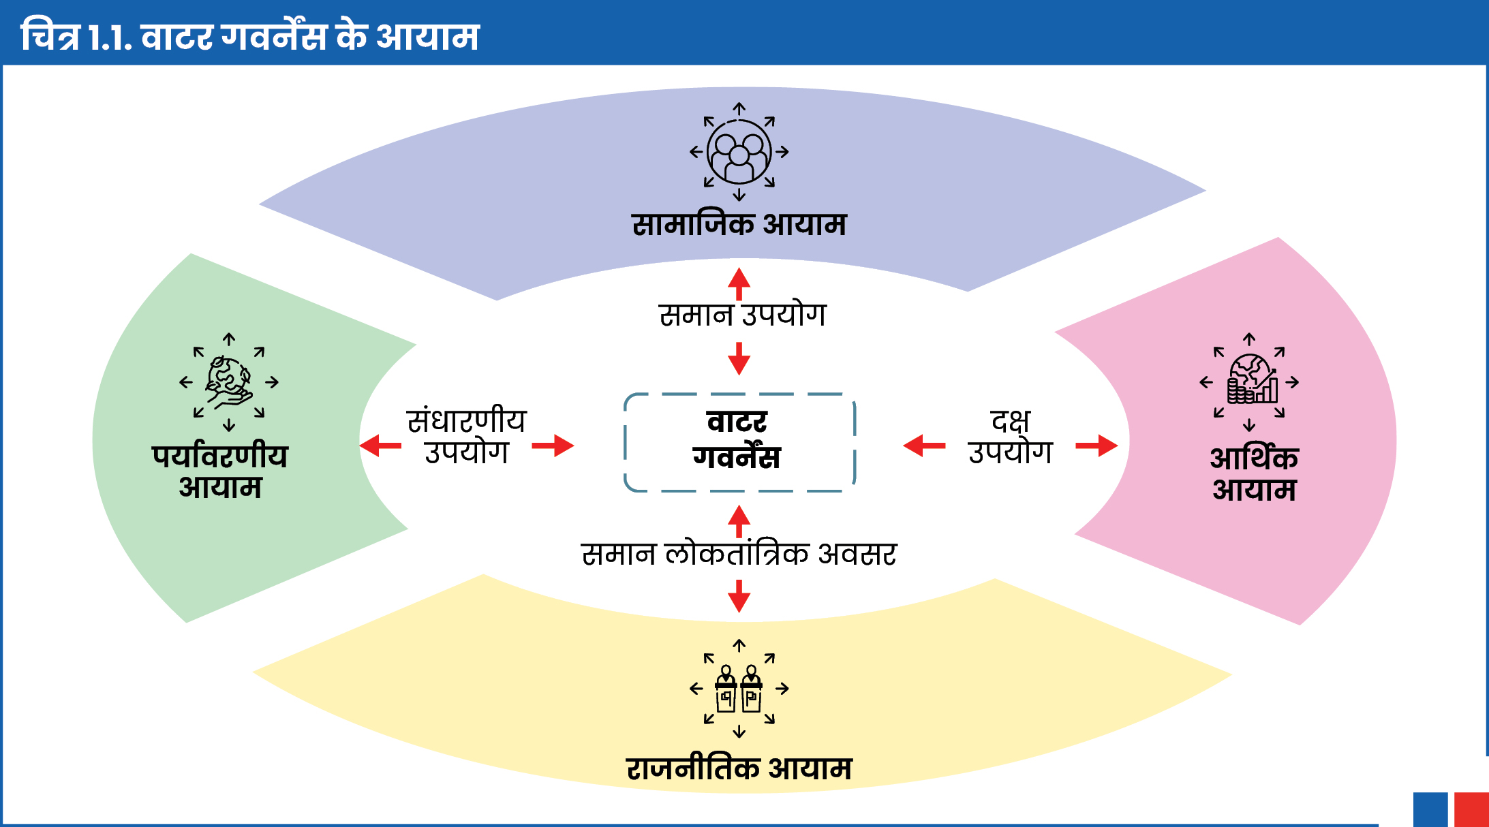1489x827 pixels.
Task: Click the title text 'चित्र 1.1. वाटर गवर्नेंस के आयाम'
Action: (x=250, y=35)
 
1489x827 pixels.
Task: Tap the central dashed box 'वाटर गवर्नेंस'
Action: (x=739, y=442)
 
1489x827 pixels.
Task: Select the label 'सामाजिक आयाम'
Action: (x=739, y=223)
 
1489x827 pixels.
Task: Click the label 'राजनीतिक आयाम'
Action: (x=739, y=768)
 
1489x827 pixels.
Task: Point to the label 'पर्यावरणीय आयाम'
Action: (x=220, y=471)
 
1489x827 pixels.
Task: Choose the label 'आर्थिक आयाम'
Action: (x=1254, y=474)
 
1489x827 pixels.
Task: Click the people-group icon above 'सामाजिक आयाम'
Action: (x=739, y=152)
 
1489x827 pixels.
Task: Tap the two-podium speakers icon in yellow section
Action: (x=739, y=689)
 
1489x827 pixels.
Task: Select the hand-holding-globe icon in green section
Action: (x=229, y=382)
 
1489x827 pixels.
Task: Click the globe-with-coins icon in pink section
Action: (x=1249, y=382)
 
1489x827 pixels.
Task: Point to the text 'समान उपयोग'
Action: (x=742, y=315)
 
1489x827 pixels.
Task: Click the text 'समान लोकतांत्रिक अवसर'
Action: (x=739, y=553)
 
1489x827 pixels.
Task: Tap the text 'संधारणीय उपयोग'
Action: (x=467, y=436)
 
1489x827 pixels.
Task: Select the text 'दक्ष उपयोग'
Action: (x=1011, y=436)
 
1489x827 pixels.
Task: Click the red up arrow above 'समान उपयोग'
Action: (x=739, y=284)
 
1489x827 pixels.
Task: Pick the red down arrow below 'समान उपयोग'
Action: (x=739, y=358)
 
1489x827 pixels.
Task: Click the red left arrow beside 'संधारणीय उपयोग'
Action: (x=380, y=446)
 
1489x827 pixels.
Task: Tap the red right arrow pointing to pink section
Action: (x=1096, y=446)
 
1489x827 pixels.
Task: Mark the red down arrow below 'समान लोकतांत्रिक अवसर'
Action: (x=739, y=596)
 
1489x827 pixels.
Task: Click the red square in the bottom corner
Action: (x=1471, y=809)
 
